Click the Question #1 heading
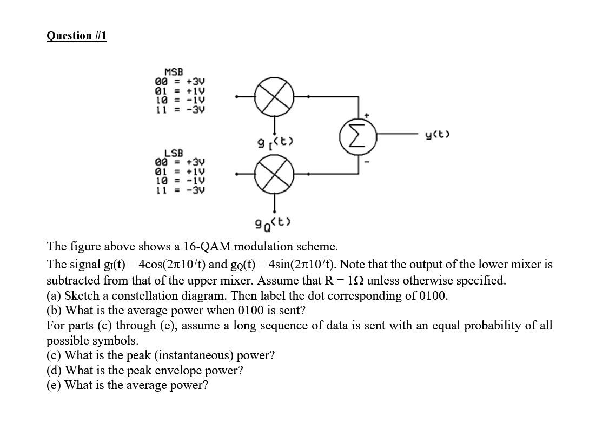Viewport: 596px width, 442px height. [x=76, y=36]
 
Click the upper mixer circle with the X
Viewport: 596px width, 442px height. [x=275, y=97]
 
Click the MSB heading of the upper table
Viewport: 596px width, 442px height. [x=174, y=72]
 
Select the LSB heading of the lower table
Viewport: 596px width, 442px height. [x=174, y=154]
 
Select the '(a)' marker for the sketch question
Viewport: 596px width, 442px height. [x=54, y=295]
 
